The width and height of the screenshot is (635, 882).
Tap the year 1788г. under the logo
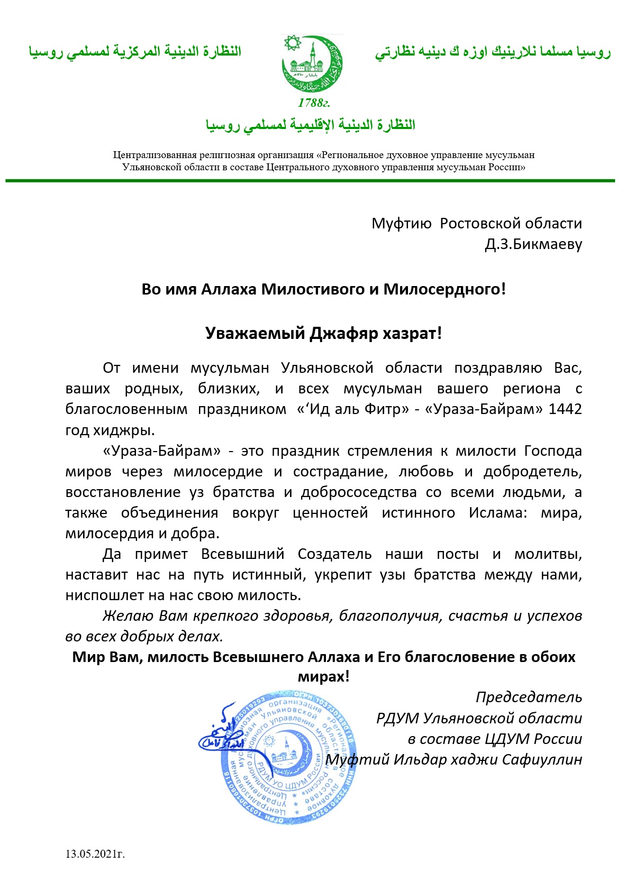(x=314, y=103)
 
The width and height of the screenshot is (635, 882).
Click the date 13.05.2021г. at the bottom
(x=95, y=853)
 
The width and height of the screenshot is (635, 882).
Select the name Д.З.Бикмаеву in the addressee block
(x=533, y=244)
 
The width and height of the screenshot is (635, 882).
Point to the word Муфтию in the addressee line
(x=402, y=223)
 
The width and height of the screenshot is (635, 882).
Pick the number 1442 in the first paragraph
(x=565, y=409)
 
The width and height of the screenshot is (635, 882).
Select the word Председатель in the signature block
(x=529, y=697)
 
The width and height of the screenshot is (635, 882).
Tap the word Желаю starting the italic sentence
(x=128, y=616)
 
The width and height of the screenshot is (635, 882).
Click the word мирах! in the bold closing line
(x=323, y=677)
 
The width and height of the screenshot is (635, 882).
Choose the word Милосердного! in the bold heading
(x=444, y=289)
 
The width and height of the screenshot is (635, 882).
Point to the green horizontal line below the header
(x=310, y=181)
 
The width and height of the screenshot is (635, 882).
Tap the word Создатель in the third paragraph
(x=334, y=554)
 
